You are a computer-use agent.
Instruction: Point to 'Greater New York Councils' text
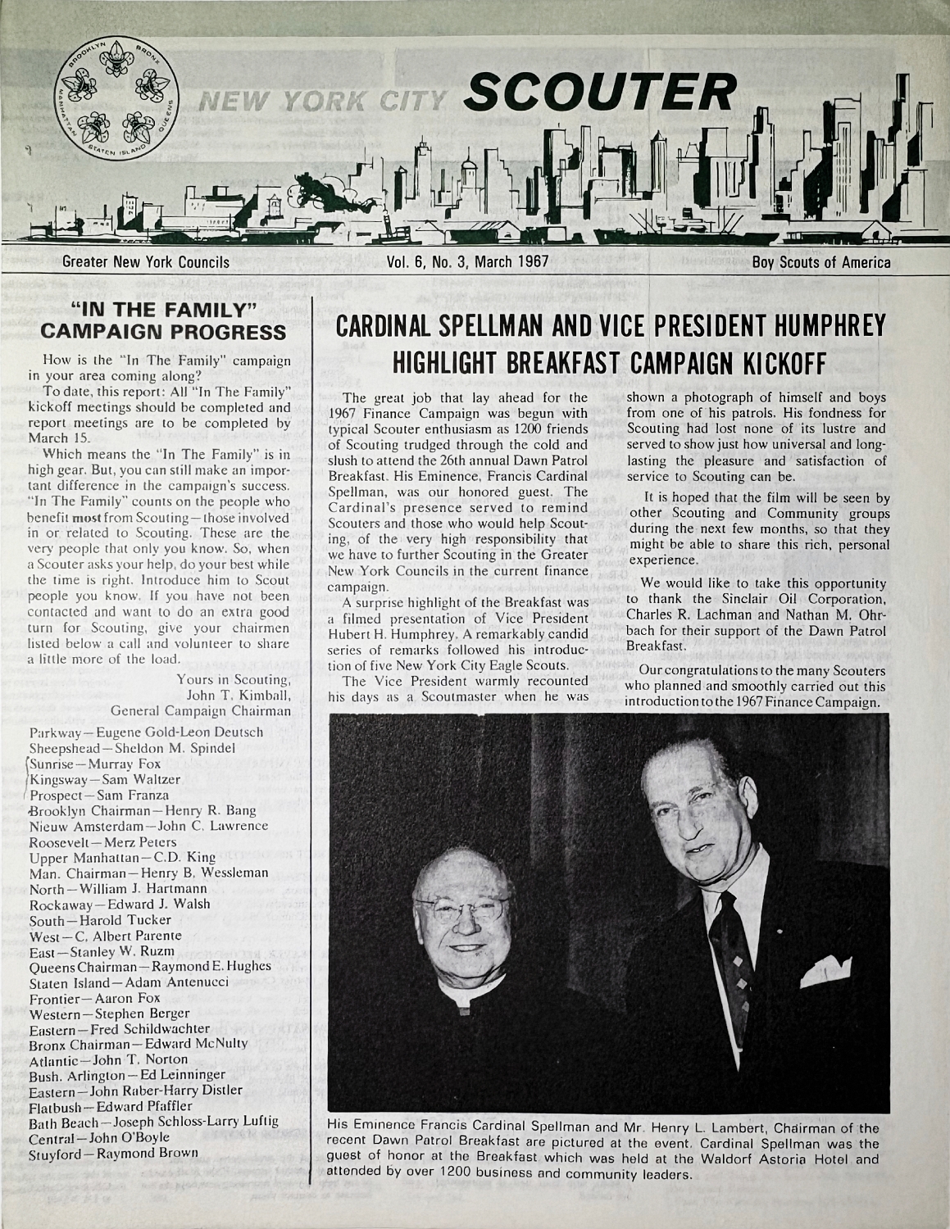coord(147,263)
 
